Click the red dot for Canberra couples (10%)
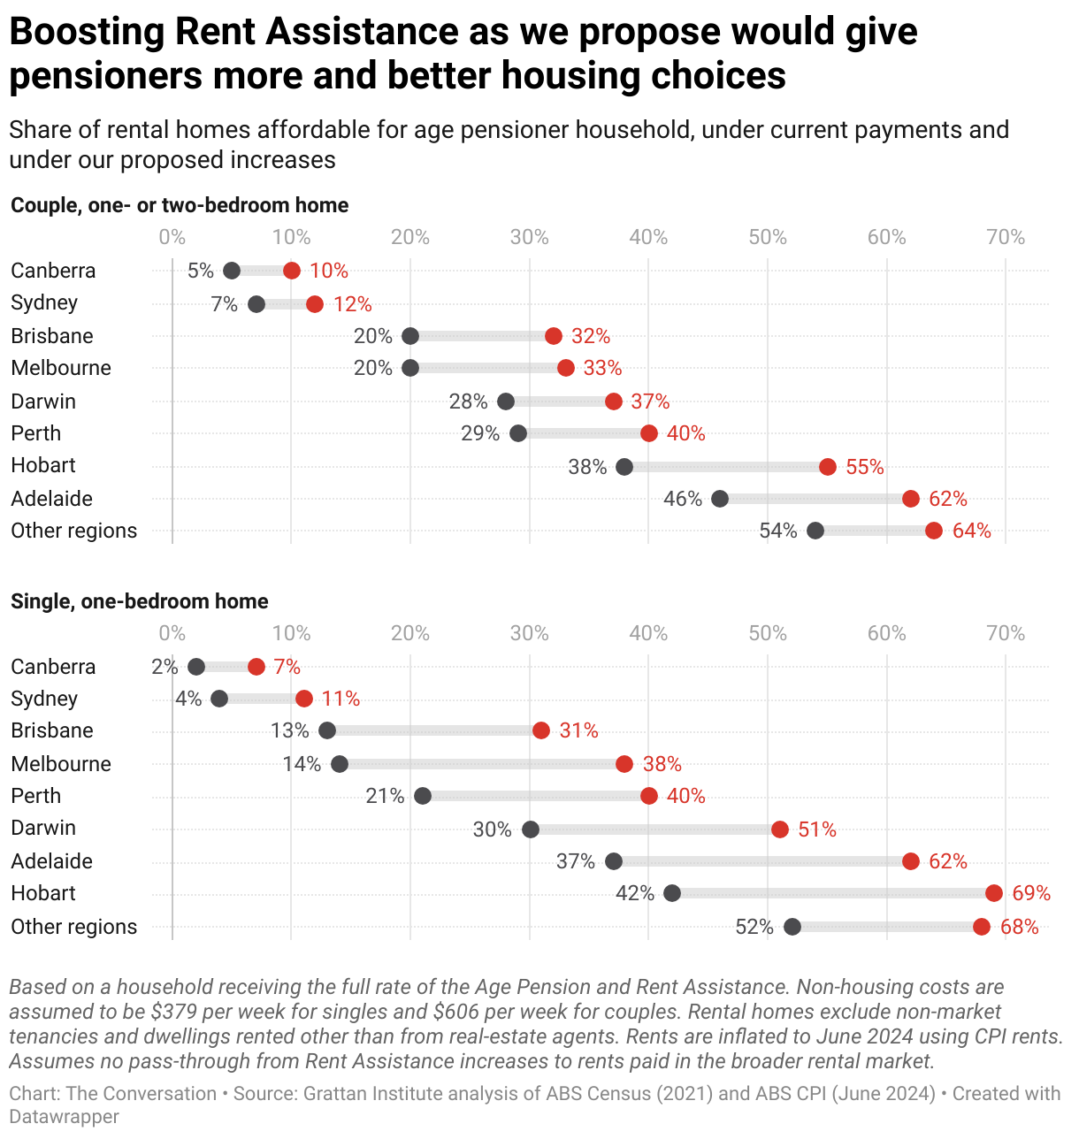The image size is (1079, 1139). (x=292, y=271)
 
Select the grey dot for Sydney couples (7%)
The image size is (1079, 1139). (x=256, y=304)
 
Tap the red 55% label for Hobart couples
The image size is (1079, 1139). (x=864, y=467)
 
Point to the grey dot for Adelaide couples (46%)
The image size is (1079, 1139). (x=720, y=499)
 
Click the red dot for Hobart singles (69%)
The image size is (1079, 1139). (x=994, y=893)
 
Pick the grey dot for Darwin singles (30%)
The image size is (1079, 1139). (x=531, y=829)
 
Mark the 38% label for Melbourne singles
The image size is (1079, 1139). (x=662, y=764)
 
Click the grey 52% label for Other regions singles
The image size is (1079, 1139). (x=754, y=927)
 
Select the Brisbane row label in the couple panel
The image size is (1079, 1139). (x=52, y=336)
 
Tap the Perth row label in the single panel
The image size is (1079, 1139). (x=36, y=796)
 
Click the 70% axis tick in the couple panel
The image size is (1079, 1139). (x=1006, y=237)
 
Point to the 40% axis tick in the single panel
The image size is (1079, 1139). (x=648, y=633)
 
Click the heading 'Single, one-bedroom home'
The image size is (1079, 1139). (x=140, y=601)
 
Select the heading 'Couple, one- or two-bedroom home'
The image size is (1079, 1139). (x=180, y=205)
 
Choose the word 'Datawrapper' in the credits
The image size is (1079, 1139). (x=65, y=1117)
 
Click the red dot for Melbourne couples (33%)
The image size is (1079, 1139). (x=566, y=368)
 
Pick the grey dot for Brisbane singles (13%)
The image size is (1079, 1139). (x=327, y=730)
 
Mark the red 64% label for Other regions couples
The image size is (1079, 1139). (x=971, y=531)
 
